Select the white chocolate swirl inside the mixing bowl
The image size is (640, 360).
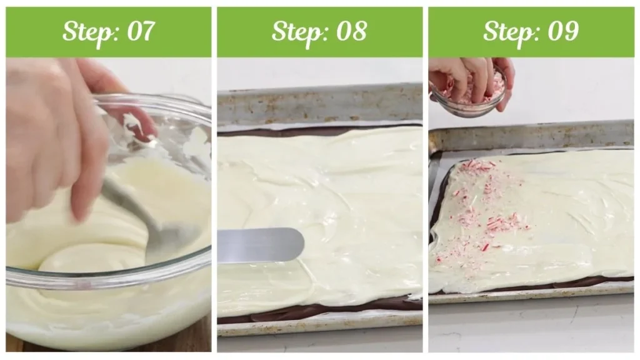pyautogui.click(x=87, y=250)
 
